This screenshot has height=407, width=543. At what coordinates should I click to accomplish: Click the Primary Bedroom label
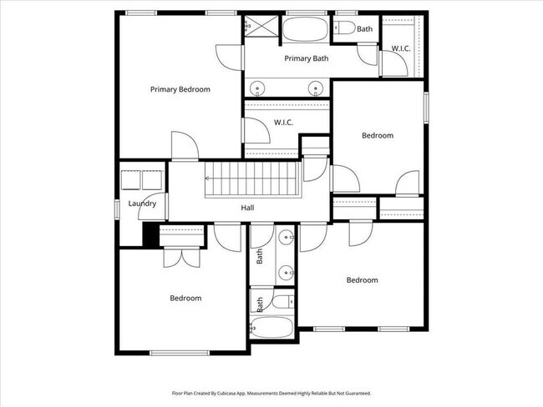click(x=180, y=89)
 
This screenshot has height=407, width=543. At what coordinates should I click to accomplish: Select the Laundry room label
click(x=142, y=203)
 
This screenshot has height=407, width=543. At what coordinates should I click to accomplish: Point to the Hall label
click(x=247, y=209)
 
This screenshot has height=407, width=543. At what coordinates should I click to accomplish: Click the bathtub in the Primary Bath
click(x=305, y=30)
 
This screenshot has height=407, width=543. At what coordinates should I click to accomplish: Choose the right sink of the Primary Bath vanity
click(x=316, y=87)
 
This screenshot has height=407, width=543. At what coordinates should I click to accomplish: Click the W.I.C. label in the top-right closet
click(x=401, y=49)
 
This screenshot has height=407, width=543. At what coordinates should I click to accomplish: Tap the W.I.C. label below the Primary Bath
click(x=283, y=123)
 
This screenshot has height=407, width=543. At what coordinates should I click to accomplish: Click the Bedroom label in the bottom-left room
click(x=185, y=298)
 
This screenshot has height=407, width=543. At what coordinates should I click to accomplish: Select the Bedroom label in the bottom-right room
click(x=362, y=280)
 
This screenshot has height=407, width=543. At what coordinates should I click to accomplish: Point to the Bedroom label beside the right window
click(x=377, y=135)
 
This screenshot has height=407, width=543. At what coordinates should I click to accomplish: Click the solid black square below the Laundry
click(x=150, y=235)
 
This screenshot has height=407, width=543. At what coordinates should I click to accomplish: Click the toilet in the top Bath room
click(x=344, y=28)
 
